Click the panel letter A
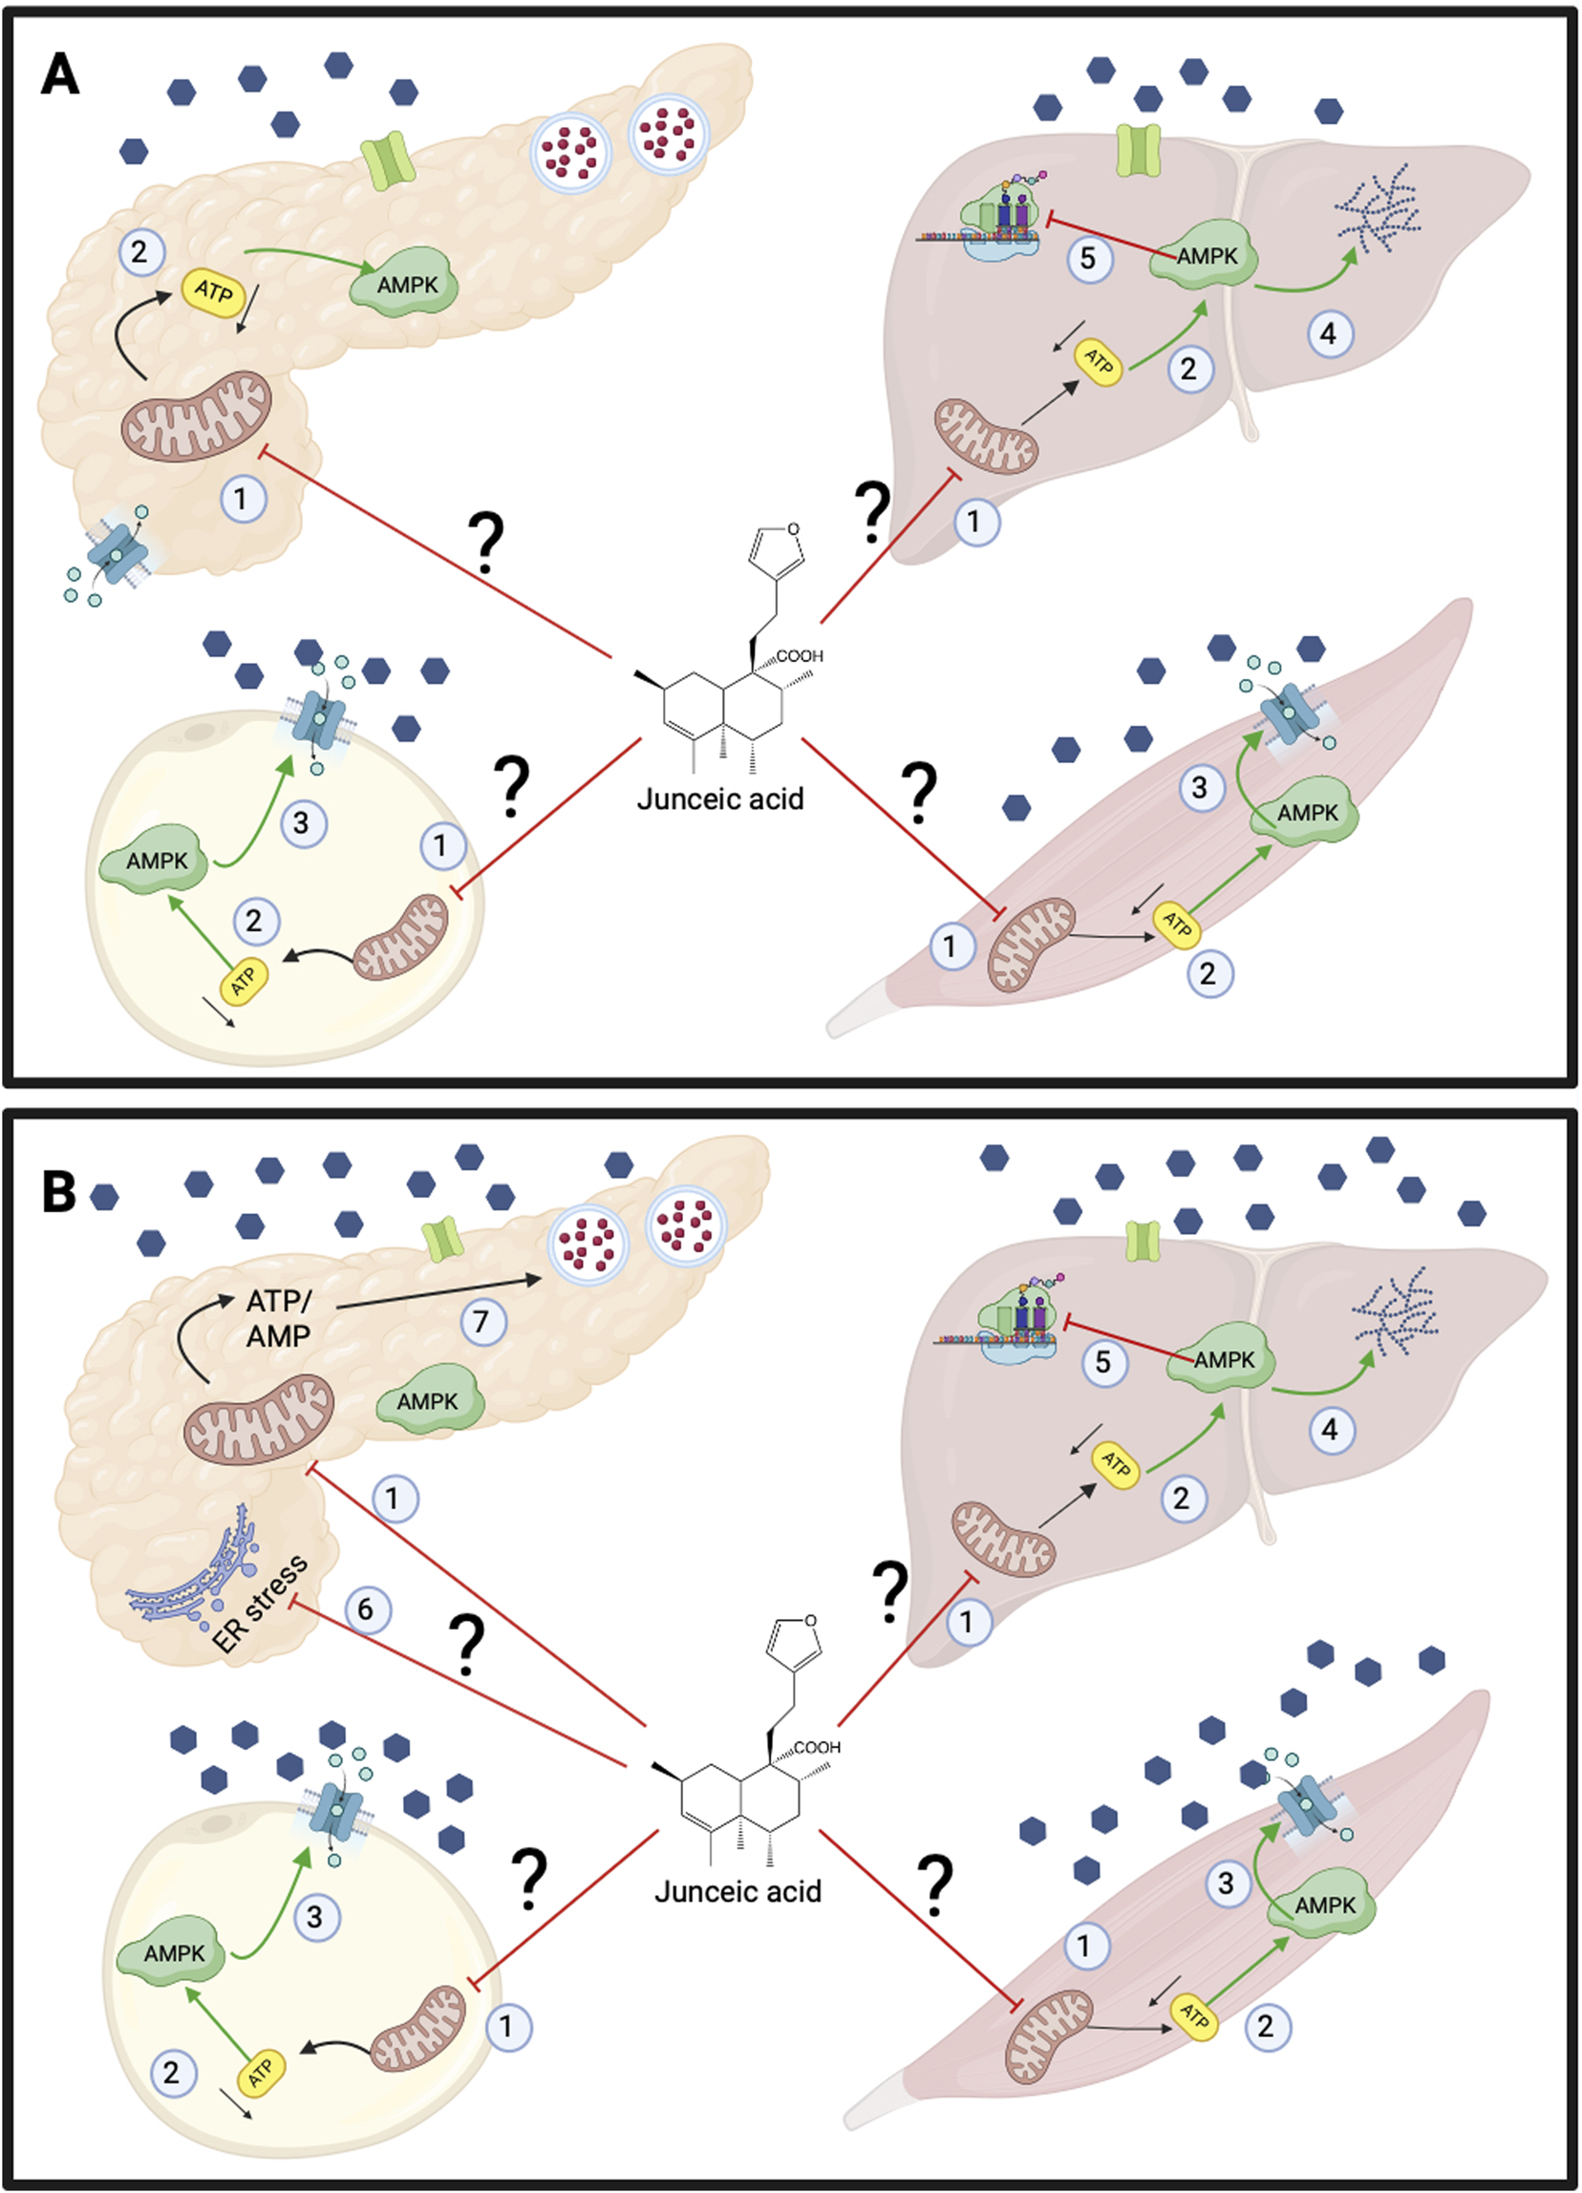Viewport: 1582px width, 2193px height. click(60, 75)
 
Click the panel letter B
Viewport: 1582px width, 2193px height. click(59, 1191)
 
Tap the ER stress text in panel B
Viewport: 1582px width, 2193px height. click(259, 1603)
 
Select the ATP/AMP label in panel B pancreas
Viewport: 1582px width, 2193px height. click(279, 1318)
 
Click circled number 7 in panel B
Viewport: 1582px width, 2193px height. click(481, 1321)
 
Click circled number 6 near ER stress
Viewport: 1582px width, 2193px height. click(366, 1609)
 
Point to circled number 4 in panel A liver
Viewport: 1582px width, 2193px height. click(1330, 333)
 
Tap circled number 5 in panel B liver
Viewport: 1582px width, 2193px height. click(1103, 1362)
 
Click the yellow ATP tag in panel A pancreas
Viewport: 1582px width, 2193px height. click(214, 291)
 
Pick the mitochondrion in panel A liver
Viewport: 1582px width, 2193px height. click(985, 438)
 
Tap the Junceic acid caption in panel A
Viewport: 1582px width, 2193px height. click(720, 799)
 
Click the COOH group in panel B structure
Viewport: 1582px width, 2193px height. click(816, 1747)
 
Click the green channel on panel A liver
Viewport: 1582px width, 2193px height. click(1138, 150)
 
